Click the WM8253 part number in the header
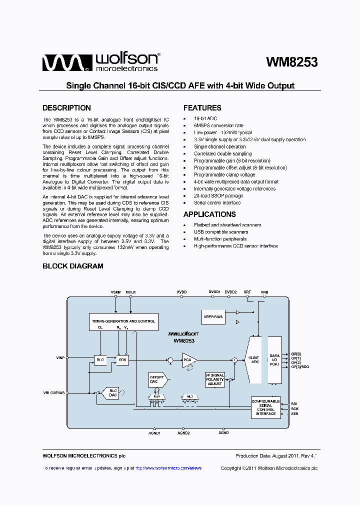(291, 62)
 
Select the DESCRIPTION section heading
(66, 108)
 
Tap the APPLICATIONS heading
(209, 214)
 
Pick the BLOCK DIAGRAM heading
(73, 266)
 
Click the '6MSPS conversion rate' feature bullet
(218, 125)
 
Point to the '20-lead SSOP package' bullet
(218, 196)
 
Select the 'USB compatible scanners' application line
(221, 232)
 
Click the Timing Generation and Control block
(123, 321)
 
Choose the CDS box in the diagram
(121, 360)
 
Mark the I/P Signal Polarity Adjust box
(215, 379)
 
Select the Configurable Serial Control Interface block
(265, 407)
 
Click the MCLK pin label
(130, 291)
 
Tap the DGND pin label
(223, 433)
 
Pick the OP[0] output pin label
(296, 353)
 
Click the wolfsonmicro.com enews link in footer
(168, 468)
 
